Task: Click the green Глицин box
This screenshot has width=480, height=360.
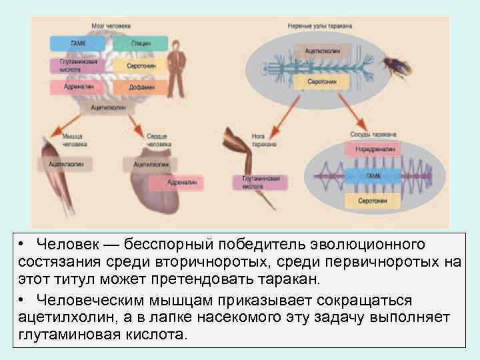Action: [140, 43]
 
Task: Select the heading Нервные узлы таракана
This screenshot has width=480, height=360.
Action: [320, 25]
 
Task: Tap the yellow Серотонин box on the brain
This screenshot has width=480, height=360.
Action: [140, 66]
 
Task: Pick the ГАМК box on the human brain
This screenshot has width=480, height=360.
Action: [77, 43]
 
